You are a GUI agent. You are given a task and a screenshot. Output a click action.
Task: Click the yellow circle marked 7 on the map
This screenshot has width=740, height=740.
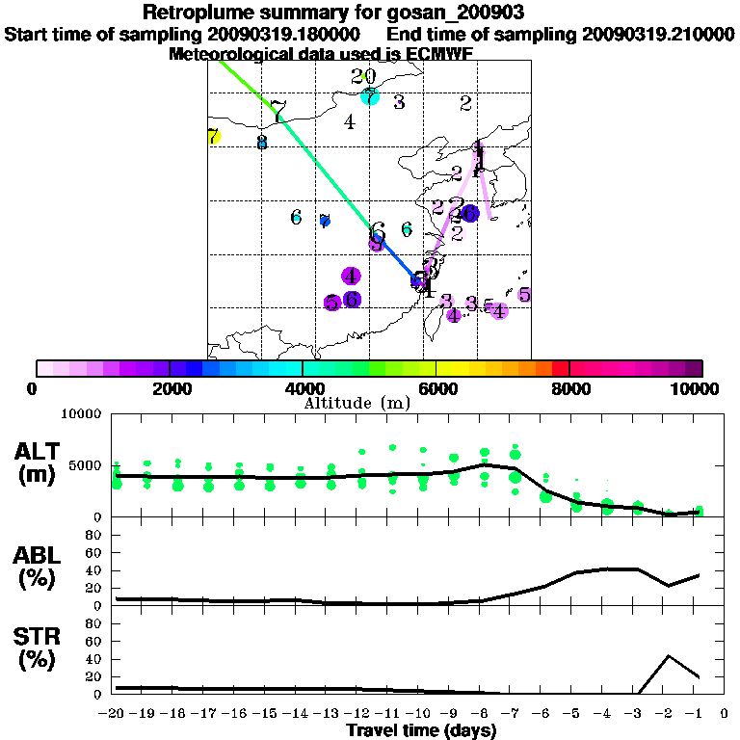point(214,137)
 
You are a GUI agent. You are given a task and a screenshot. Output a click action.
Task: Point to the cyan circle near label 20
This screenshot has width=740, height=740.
point(370,96)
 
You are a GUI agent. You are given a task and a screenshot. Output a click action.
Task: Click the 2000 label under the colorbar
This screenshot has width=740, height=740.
point(169,388)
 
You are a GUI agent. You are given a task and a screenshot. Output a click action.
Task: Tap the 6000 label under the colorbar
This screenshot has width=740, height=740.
point(436,388)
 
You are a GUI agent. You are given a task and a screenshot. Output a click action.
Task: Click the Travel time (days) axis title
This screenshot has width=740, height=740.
point(421,731)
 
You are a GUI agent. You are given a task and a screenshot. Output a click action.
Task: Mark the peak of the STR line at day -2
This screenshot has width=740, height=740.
point(669,656)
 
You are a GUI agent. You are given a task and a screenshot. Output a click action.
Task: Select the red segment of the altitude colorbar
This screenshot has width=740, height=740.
point(560,368)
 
